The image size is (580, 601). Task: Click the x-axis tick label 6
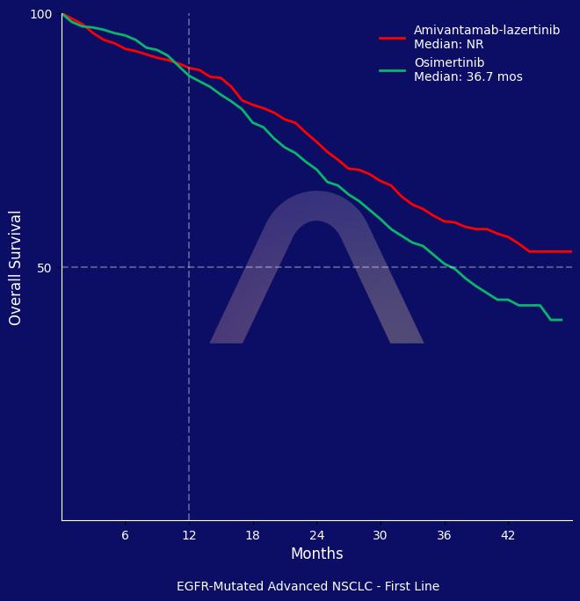(125, 535)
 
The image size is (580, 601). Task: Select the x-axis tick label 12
(189, 535)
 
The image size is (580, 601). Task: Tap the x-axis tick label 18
(252, 535)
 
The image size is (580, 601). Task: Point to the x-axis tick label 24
(316, 535)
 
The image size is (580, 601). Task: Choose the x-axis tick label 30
(380, 535)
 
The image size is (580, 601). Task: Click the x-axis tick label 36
(444, 535)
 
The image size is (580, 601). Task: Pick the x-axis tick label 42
(508, 535)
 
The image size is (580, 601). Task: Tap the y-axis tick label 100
(41, 14)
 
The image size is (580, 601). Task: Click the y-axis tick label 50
(45, 267)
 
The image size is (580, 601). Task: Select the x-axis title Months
(316, 554)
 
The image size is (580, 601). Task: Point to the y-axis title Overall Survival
(16, 267)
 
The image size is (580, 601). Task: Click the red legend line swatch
(392, 38)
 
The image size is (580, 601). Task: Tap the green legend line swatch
(392, 70)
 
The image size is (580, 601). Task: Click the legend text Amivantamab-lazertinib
(487, 31)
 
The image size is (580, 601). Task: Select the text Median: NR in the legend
(448, 45)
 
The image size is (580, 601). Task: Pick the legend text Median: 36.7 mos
(468, 77)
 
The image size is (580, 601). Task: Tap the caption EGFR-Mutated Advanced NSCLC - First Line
(308, 587)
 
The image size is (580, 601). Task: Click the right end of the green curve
(562, 320)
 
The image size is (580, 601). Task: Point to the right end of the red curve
(571, 251)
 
